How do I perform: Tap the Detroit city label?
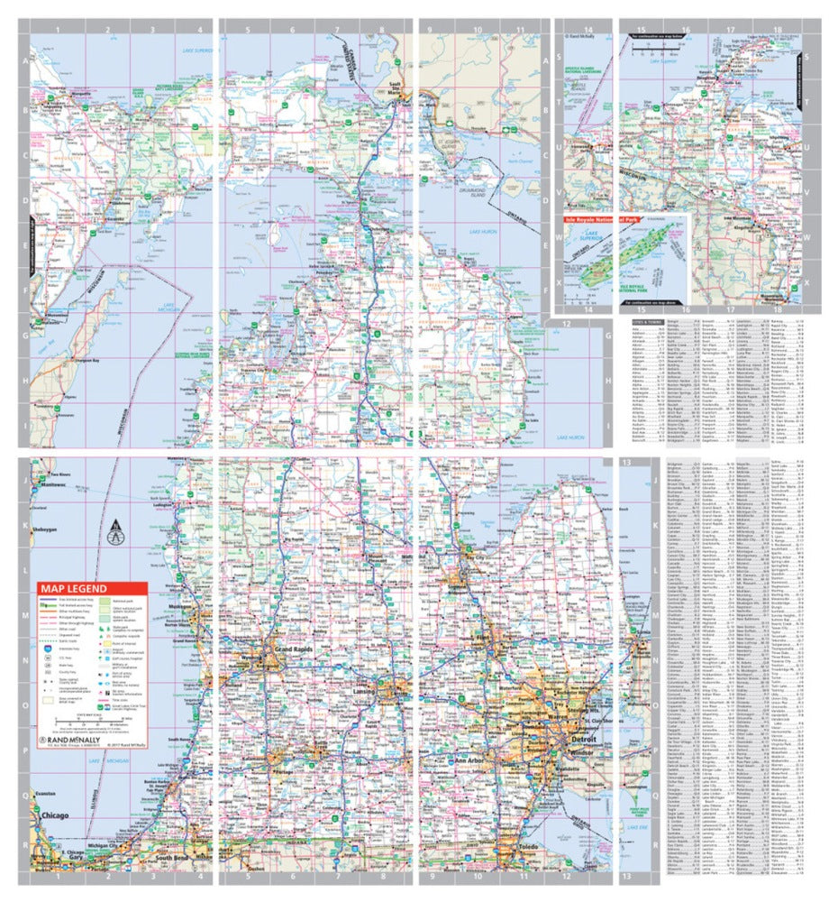[x=557, y=739]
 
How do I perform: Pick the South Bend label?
[x=175, y=857]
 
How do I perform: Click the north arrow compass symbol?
[x=114, y=532]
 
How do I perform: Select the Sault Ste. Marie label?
[x=393, y=88]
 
